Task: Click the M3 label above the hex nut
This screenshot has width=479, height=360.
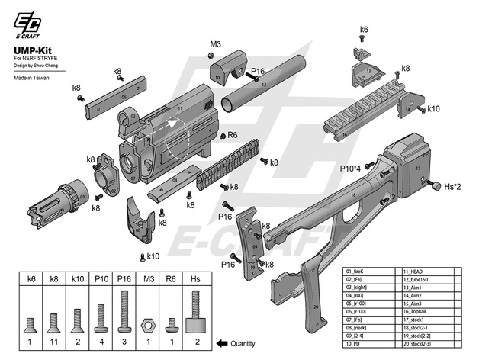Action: point(215,43)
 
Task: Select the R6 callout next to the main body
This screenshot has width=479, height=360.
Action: point(232,135)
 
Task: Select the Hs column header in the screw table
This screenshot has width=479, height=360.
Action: point(195,279)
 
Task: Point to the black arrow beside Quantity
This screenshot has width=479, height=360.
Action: point(217,342)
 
